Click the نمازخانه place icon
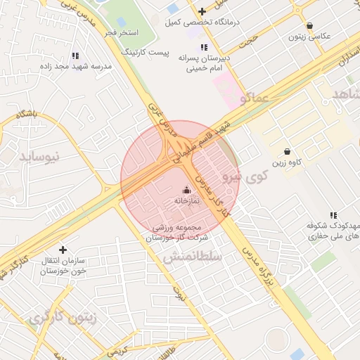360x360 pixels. tap(186, 190)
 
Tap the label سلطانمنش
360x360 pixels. tap(193, 258)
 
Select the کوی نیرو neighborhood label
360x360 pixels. tap(241, 175)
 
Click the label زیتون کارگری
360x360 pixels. tap(60, 318)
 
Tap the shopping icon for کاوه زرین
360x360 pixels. tap(287, 151)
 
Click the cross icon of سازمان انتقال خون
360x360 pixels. tap(63, 250)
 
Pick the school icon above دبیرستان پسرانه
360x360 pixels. tap(204, 47)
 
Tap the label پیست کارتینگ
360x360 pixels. tap(146, 52)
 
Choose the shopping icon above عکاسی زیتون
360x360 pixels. tap(310, 25)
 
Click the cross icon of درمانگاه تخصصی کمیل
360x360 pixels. tap(202, 11)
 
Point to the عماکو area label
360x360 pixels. tap(254, 98)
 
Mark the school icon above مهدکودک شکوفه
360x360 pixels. tap(333, 215)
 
